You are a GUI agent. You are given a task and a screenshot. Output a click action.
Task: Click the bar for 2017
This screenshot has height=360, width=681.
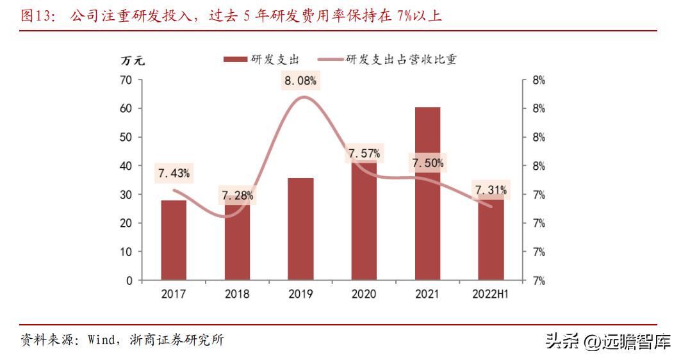coord(174,240)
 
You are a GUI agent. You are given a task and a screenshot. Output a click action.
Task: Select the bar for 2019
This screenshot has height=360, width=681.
coord(300,229)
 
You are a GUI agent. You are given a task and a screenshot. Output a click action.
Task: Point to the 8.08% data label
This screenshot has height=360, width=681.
coord(300,81)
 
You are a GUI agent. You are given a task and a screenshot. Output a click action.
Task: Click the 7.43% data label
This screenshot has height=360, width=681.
coord(174,174)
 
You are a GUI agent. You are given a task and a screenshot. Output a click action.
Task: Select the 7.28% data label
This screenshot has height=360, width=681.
coord(237,195)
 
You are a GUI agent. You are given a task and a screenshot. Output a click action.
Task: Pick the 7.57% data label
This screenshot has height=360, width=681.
coord(364,154)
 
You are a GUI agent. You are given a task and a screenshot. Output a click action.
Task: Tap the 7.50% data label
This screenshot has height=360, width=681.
coord(427,163)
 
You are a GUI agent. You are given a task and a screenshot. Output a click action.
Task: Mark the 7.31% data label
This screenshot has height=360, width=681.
coord(491,190)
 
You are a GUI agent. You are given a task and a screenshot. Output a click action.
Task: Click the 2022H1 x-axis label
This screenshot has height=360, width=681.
coord(491,294)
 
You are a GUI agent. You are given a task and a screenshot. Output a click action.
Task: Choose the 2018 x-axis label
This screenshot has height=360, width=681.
coord(237,294)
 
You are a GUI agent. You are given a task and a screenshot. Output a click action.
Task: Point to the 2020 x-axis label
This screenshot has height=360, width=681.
coord(364,294)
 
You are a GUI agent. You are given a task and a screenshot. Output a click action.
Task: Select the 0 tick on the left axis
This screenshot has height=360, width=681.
coord(129,281)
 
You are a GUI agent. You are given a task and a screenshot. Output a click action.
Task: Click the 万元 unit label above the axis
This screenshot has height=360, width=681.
coord(133,61)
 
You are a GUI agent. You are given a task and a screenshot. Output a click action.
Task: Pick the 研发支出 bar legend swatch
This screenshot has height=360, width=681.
coord(235,60)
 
